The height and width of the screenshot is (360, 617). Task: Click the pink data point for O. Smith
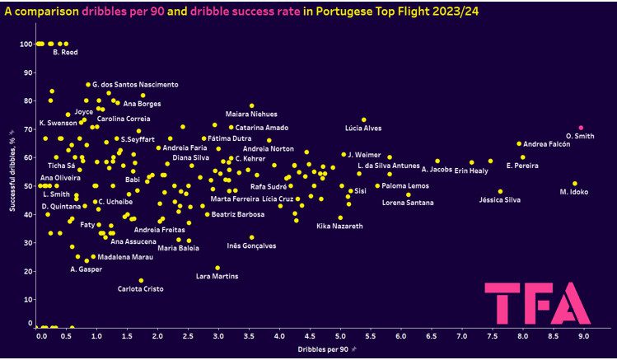581,128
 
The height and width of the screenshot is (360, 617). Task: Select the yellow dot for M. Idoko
575,184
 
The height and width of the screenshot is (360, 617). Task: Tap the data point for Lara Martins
217,268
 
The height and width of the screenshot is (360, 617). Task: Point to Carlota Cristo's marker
141,281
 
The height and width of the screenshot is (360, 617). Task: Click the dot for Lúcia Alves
363,119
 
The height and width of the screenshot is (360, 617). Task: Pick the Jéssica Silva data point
500,192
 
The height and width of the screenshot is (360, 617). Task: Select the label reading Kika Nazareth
339,226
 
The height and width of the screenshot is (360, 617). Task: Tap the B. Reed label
65,54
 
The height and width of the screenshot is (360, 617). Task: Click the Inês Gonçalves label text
251,245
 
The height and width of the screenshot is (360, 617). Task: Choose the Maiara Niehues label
251,115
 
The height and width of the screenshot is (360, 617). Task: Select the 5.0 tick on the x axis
341,336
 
